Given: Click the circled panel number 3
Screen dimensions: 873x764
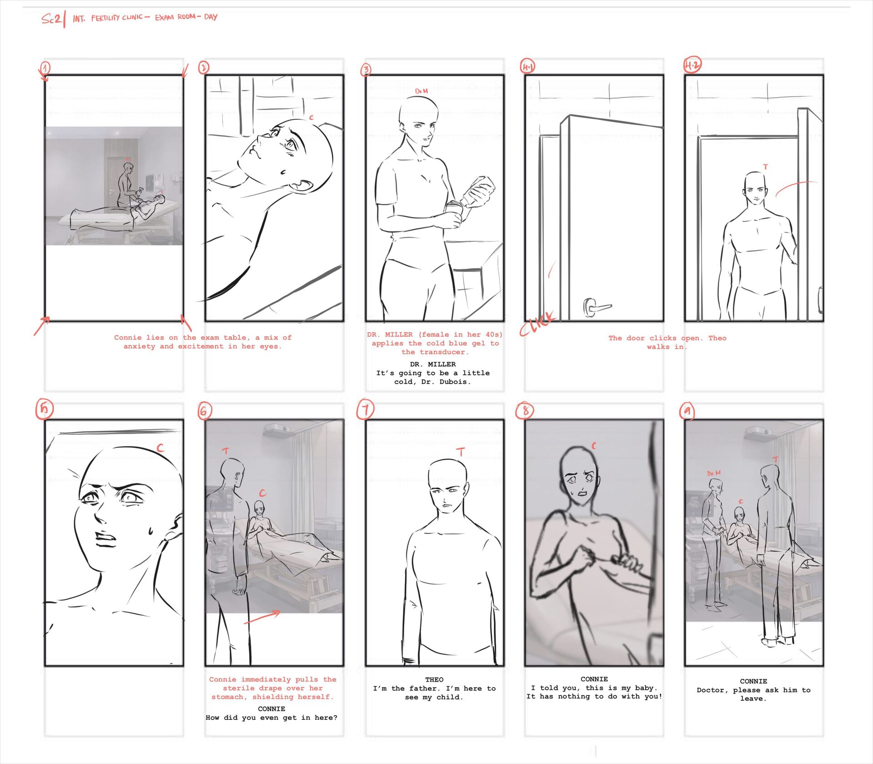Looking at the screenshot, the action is click(x=366, y=70).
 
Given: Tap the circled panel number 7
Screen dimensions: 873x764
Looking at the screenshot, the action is click(x=365, y=409).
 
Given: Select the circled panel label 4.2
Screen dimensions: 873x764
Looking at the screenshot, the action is click(x=692, y=65).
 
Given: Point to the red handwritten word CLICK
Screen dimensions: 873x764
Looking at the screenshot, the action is click(x=538, y=324).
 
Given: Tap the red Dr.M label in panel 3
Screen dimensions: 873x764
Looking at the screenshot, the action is click(x=421, y=91).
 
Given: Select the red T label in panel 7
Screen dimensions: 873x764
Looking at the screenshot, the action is click(x=461, y=452).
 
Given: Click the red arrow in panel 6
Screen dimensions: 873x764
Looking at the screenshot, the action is click(x=262, y=617).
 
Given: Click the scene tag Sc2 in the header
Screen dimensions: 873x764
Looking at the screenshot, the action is click(x=51, y=19).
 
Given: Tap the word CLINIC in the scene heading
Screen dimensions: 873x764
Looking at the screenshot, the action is click(x=132, y=18).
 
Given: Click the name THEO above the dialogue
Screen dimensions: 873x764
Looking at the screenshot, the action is click(x=434, y=679).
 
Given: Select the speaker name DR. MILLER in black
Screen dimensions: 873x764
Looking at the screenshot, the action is click(x=433, y=364).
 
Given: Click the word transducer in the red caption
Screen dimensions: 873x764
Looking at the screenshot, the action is click(x=435, y=352).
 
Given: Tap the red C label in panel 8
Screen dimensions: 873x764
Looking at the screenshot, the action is click(x=593, y=446).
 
